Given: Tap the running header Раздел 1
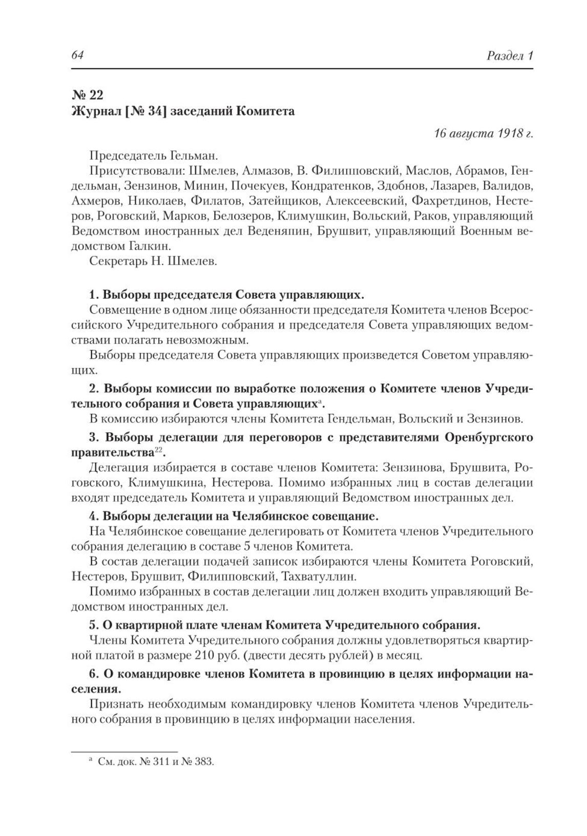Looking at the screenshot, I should (x=510, y=55).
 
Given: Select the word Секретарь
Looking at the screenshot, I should (x=115, y=261).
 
